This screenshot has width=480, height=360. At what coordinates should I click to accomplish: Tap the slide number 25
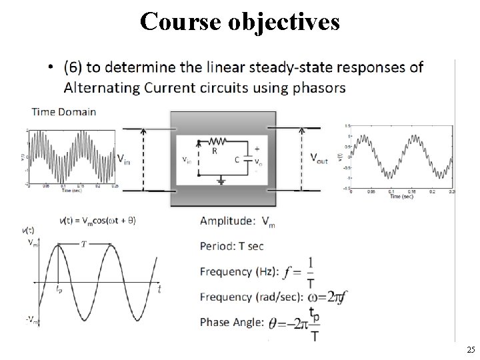(471, 350)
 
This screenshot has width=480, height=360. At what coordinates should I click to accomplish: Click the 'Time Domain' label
(64, 112)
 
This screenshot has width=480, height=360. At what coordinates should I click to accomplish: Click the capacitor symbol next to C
(247, 159)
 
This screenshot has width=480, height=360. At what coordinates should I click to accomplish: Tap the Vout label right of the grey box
(319, 158)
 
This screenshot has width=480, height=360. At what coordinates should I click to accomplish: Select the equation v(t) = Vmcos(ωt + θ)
(97, 220)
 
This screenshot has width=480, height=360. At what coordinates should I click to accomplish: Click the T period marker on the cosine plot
(84, 244)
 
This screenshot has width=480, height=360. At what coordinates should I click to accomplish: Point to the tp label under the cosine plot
(59, 291)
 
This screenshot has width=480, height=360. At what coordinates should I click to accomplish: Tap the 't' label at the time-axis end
(159, 289)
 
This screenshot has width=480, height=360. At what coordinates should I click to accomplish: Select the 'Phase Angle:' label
(231, 323)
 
